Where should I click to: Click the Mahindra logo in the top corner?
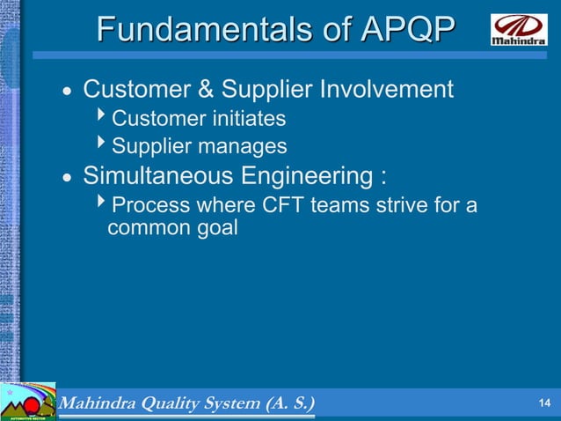pyautogui.click(x=517, y=30)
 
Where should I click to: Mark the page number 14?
pyautogui.click(x=543, y=403)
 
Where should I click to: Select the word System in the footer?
pyautogui.click(x=231, y=403)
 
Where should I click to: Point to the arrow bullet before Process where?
pyautogui.click(x=103, y=205)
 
